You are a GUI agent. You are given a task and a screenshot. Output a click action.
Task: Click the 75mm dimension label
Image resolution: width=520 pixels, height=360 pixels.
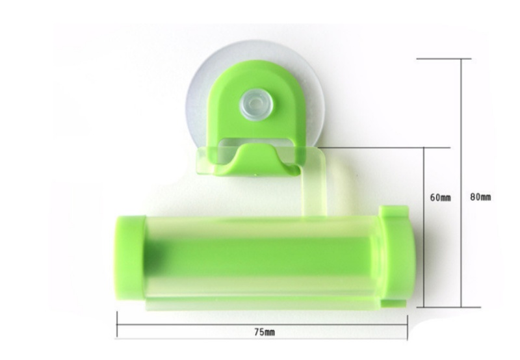pos(265,332)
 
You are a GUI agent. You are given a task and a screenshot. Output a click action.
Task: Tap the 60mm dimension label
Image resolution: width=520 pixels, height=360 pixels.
pos(441,198)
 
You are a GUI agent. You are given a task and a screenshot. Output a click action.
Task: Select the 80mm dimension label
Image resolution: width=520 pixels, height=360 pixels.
pos(480,197)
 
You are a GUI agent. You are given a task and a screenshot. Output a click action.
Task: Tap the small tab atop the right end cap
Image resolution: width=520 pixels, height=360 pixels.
pos(394,211)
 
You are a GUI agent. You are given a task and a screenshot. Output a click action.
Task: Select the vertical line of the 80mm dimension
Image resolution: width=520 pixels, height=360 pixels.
pos(461,183)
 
